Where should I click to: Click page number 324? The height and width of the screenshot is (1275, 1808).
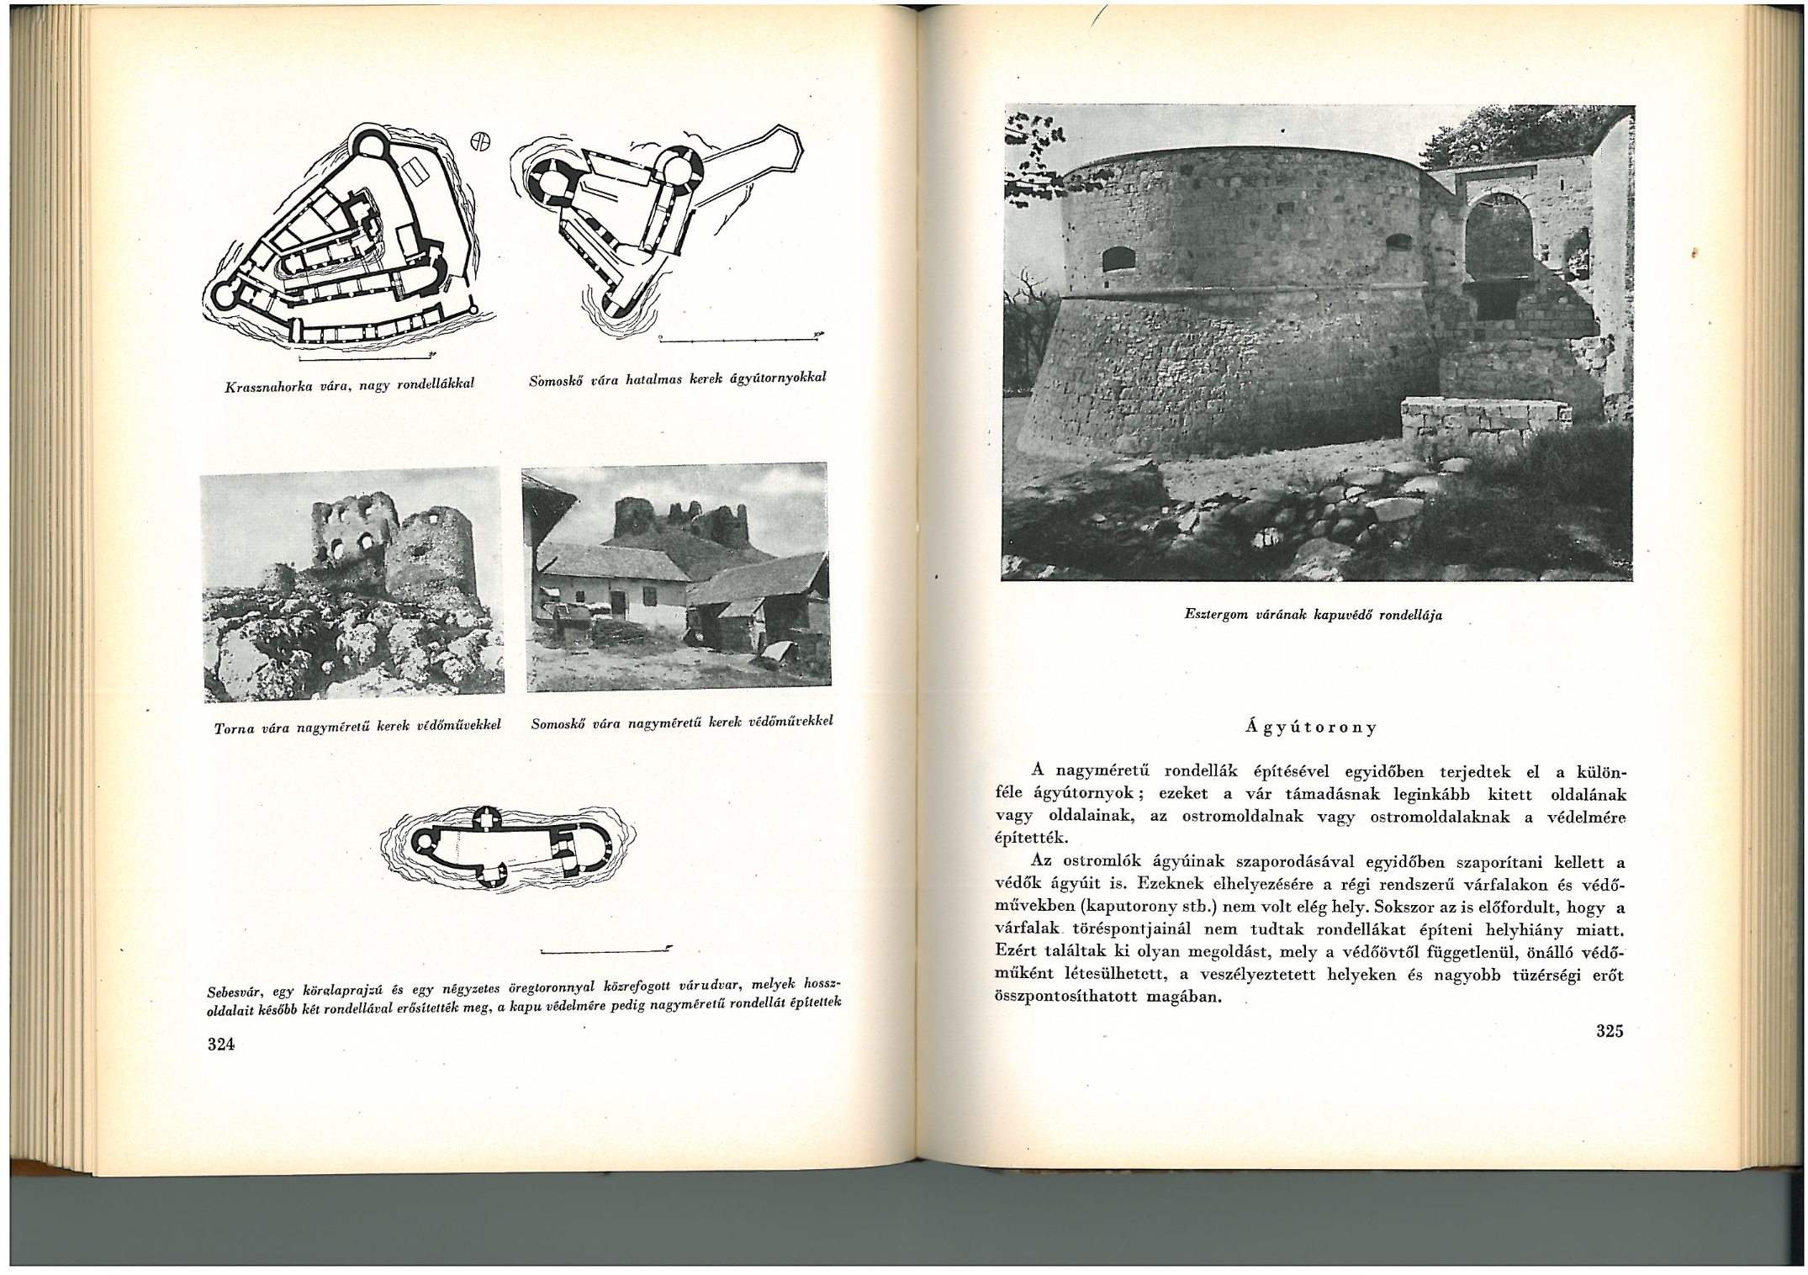tap(220, 1045)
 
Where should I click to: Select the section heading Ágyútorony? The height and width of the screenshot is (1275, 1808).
tap(1313, 727)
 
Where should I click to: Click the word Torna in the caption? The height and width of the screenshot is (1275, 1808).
tap(234, 728)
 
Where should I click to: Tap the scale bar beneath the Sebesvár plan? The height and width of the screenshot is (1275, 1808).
tap(605, 950)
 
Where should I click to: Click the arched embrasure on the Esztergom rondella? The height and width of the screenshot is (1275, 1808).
tap(1118, 259)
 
